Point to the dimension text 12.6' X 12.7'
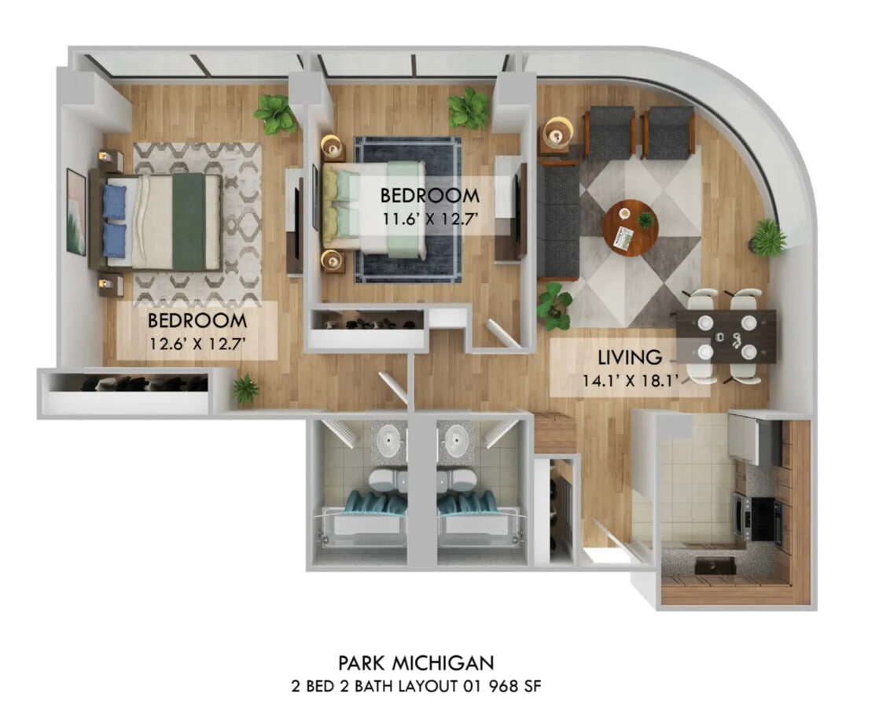coord(197,343)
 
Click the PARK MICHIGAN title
coord(416,662)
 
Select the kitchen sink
coord(716,565)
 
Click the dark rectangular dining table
coord(724,336)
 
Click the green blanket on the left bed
coord(189,221)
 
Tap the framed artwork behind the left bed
coord(76,212)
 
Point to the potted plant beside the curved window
coord(767,237)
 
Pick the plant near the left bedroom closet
coord(245,388)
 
